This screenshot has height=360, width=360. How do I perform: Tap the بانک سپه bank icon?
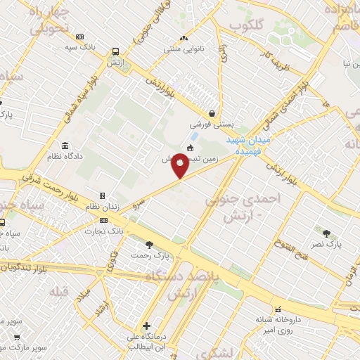click(79, 37)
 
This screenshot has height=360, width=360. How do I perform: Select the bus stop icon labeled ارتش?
click(115, 51)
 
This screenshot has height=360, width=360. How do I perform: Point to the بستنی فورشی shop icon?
click(211, 113)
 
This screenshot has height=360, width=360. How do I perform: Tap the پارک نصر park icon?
click(326, 233)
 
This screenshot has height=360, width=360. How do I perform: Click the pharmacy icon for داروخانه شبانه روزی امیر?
click(278, 308)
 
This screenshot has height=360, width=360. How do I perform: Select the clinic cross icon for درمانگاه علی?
click(146, 326)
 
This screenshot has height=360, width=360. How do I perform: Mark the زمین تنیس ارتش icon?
click(191, 148)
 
